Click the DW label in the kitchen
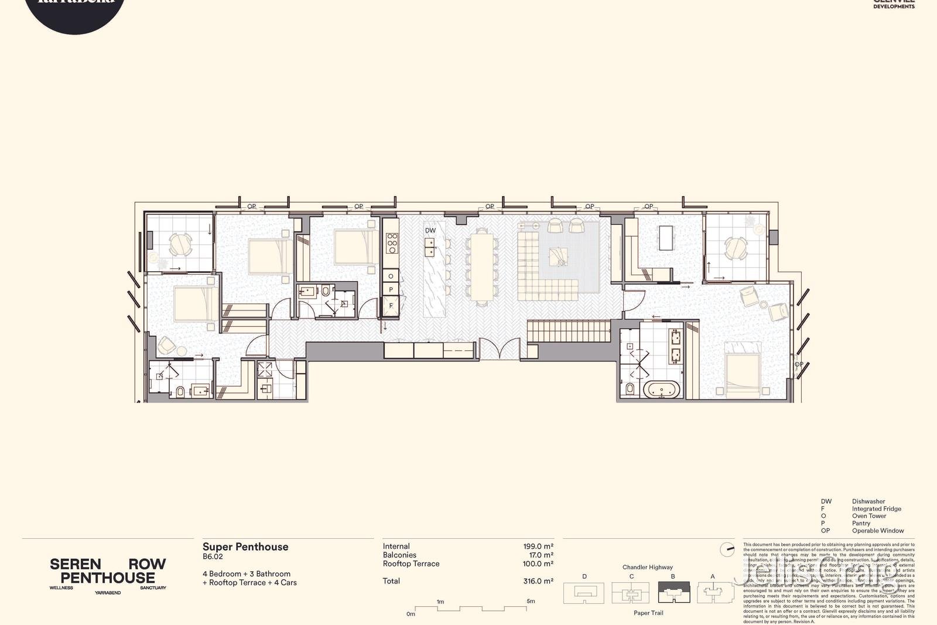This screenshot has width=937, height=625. pos(430,230)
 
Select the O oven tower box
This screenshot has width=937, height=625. pos(391,276)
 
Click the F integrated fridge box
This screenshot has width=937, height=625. pos(391,305)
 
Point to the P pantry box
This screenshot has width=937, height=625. pos(391,290)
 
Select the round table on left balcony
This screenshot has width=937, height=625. pos(180,245)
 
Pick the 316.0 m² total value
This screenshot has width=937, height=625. pos(538,581)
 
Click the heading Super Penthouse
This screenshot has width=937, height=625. pos(245,547)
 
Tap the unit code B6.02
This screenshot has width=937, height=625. pos(213,557)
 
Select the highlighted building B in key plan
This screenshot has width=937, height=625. pos(673,593)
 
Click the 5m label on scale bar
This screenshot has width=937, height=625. pos(530,601)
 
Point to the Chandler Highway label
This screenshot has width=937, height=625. pos(647,567)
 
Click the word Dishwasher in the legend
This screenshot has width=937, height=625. pos(868,501)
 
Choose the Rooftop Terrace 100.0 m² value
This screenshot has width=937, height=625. pos(538,563)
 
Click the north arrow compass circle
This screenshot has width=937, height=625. pos(727,549)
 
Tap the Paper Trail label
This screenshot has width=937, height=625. pos(648,613)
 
